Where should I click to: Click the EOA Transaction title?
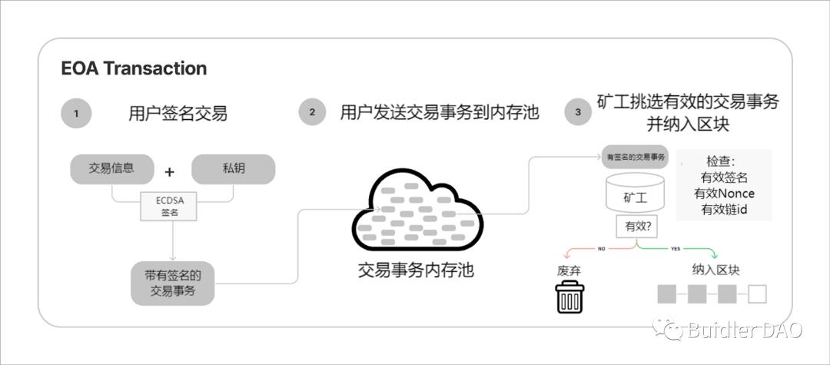(134, 68)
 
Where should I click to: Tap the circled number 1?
(76, 113)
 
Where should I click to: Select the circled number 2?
(312, 112)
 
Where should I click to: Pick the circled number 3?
(578, 112)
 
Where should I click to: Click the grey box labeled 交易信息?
(111, 169)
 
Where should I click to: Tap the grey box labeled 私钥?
(233, 169)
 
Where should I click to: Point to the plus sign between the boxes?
(170, 171)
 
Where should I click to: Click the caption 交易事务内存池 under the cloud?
(416, 270)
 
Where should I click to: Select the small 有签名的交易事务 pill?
(635, 157)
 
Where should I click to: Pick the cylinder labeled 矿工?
(635, 194)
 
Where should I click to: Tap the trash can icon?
(569, 297)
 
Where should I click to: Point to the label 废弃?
(569, 270)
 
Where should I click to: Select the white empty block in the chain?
(757, 294)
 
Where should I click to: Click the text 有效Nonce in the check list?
(723, 193)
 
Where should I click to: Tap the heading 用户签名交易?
(178, 114)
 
